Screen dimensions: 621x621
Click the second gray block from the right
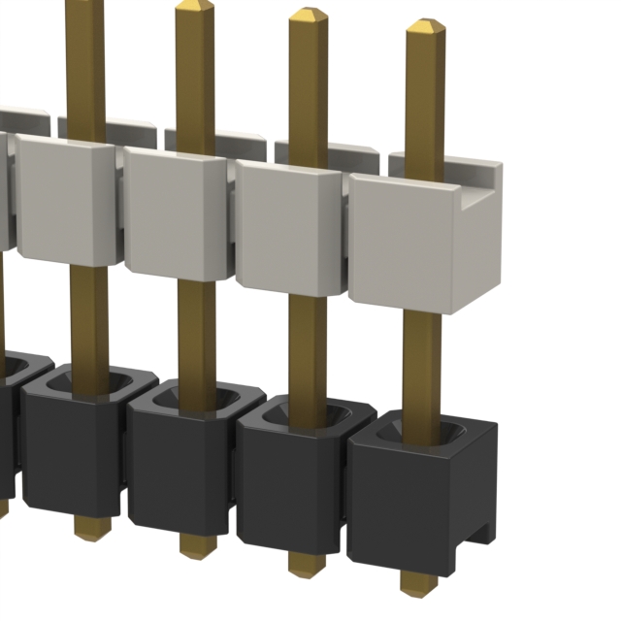288,228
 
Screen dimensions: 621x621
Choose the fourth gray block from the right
66,199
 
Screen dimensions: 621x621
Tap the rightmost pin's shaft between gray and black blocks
421,359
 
